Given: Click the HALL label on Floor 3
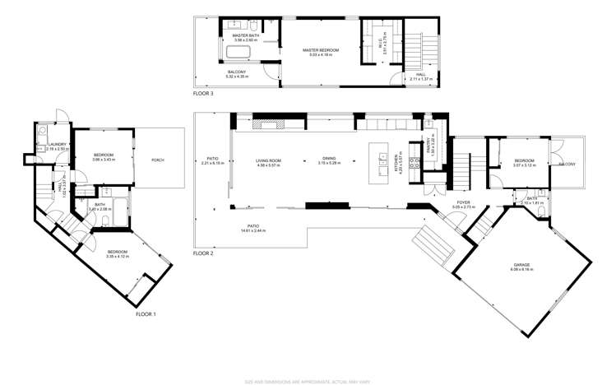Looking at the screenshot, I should [420, 74].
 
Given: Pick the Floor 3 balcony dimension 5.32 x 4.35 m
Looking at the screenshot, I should [236, 77].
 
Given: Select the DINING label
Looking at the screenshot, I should [329, 160].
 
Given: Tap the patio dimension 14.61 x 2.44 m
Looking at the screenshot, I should [253, 230].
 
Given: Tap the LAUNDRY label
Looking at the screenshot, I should [57, 144].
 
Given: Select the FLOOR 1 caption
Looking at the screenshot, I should [146, 313].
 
